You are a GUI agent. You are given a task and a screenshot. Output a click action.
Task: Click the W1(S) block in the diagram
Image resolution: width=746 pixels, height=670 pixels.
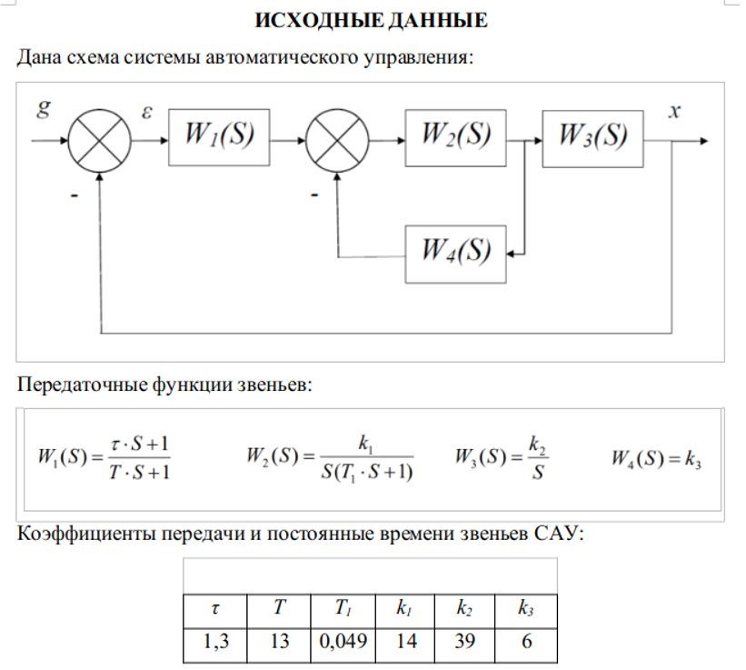tap(219, 140)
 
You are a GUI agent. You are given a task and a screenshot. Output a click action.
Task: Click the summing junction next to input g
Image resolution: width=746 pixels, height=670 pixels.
tap(99, 141)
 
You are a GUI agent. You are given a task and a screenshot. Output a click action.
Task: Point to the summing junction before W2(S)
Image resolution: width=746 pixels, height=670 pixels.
tap(337, 141)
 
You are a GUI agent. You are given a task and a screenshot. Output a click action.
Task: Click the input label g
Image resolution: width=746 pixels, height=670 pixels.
tap(43, 110)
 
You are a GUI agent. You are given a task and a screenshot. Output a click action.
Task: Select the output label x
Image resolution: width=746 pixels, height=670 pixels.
tap(674, 111)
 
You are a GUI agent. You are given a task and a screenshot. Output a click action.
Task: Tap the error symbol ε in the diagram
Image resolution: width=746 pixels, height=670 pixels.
tap(147, 111)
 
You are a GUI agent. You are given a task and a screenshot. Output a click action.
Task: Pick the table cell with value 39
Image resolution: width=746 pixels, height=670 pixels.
tap(463, 642)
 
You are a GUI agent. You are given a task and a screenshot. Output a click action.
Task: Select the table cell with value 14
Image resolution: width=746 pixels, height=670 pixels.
tap(406, 642)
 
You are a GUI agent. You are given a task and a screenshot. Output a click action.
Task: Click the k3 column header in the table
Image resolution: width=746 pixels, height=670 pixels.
tap(525, 608)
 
